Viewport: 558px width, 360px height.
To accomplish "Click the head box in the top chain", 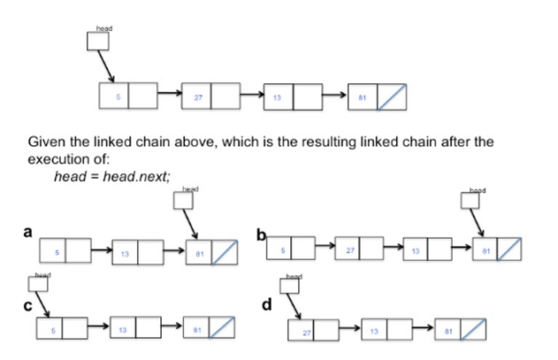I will tap(97, 41).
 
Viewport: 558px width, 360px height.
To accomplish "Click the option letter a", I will tap(27, 233).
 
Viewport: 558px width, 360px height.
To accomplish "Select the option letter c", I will tap(27, 305).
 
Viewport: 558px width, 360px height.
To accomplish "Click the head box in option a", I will tap(183, 201).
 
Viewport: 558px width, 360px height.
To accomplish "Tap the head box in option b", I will tap(471, 201).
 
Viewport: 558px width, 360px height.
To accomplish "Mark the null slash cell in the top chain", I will tap(393, 96).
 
